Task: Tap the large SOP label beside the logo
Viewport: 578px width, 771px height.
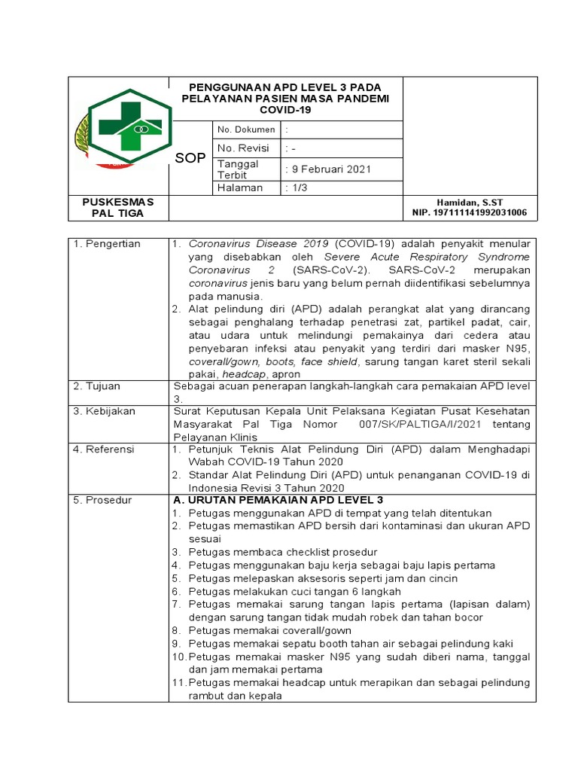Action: [190, 158]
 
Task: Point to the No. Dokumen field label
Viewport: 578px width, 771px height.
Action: [246, 130]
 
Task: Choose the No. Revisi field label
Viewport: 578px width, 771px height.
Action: [244, 148]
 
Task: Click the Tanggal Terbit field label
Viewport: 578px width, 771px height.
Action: [238, 169]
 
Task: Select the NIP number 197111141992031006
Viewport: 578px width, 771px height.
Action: [470, 213]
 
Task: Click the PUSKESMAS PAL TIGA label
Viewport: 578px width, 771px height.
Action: [117, 207]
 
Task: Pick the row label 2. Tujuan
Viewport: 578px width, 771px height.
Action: [97, 386]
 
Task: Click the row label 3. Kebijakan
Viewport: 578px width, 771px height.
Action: [104, 411]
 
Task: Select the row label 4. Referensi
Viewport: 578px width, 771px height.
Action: [104, 449]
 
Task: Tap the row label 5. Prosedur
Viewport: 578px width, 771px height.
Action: [102, 500]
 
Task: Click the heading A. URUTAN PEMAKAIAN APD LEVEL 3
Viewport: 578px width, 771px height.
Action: [278, 500]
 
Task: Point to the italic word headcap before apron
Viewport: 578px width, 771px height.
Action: [243, 374]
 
